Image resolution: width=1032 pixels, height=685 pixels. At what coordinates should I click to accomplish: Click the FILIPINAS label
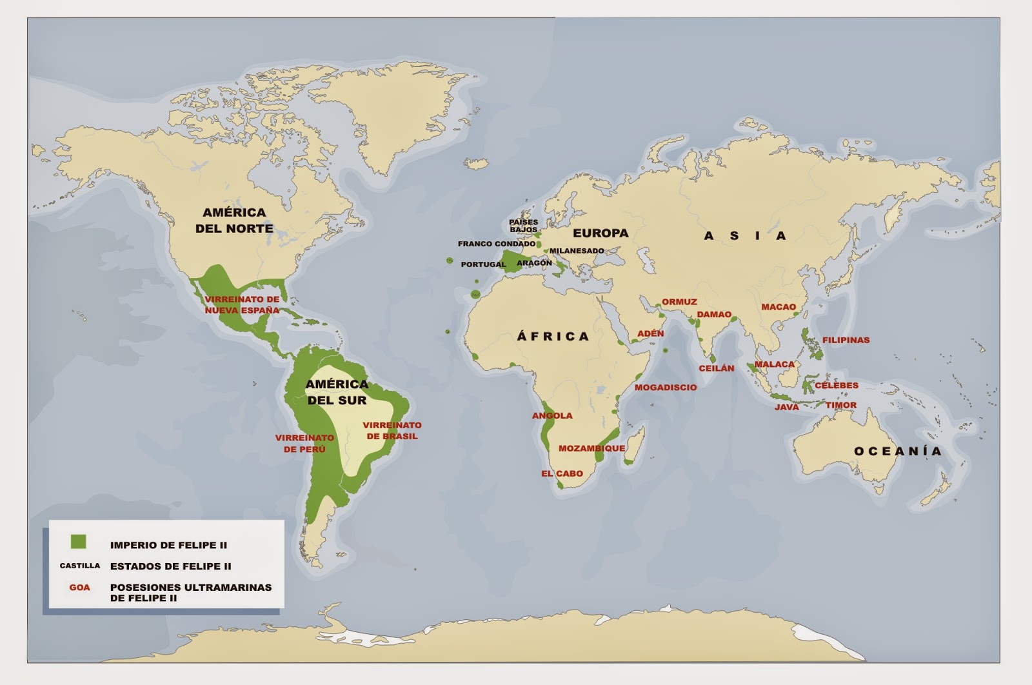click(x=846, y=340)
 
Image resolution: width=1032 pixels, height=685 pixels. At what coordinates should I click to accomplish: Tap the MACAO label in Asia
click(x=779, y=307)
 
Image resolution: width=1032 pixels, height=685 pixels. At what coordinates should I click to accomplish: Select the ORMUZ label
click(x=679, y=302)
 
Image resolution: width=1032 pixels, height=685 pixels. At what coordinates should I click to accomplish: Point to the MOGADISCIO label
click(x=666, y=388)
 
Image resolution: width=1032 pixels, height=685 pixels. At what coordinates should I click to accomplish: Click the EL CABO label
click(x=562, y=473)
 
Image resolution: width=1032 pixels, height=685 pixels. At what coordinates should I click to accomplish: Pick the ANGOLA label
click(x=552, y=415)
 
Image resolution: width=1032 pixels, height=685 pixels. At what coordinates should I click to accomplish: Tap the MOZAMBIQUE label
click(x=591, y=448)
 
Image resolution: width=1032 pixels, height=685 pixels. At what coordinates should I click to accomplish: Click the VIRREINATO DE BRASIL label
click(x=392, y=430)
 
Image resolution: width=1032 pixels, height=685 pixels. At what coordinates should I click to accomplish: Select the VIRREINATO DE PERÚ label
click(x=304, y=443)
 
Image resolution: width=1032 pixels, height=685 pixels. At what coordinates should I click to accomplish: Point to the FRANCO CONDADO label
click(x=497, y=244)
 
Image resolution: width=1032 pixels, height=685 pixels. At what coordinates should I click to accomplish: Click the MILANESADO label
click(x=577, y=251)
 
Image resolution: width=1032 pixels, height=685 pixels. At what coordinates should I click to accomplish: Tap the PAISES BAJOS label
click(x=523, y=226)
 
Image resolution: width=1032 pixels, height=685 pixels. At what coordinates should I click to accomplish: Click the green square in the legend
click(x=78, y=541)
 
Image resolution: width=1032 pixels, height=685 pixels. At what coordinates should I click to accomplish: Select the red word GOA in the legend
click(x=80, y=588)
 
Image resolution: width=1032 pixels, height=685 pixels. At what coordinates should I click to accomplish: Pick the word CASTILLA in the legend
click(x=80, y=566)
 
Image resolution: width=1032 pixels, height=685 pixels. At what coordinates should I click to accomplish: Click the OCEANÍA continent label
click(x=897, y=452)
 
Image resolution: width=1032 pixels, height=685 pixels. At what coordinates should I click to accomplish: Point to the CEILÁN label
click(x=717, y=368)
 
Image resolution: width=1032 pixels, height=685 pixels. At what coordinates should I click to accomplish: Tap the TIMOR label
click(x=841, y=405)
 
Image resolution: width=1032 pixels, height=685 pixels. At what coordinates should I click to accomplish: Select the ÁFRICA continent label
click(x=553, y=336)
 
